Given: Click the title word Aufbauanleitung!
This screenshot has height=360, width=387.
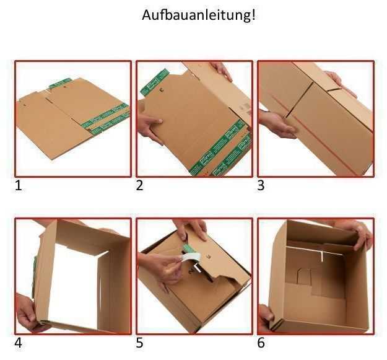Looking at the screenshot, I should point(198,15).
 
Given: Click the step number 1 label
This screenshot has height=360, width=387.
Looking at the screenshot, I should point(18,185).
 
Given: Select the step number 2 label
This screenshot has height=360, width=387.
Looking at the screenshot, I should point(139,185).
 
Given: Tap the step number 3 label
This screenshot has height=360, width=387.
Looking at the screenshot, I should point(261,185).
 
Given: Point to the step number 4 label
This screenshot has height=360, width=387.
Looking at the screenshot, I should point(18,343).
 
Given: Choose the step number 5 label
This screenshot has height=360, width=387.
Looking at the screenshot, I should point(139,343).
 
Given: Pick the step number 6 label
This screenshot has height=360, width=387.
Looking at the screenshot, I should point(261,343).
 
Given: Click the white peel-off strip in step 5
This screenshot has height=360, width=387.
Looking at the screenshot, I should point(191,259).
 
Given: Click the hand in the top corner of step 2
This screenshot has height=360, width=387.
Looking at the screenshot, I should point(221,70).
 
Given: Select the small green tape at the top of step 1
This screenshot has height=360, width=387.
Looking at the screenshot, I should point(60,82).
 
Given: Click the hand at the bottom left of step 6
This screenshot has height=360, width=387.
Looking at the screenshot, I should point(264,316).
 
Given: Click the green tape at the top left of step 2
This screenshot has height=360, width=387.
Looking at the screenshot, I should point(155,82).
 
